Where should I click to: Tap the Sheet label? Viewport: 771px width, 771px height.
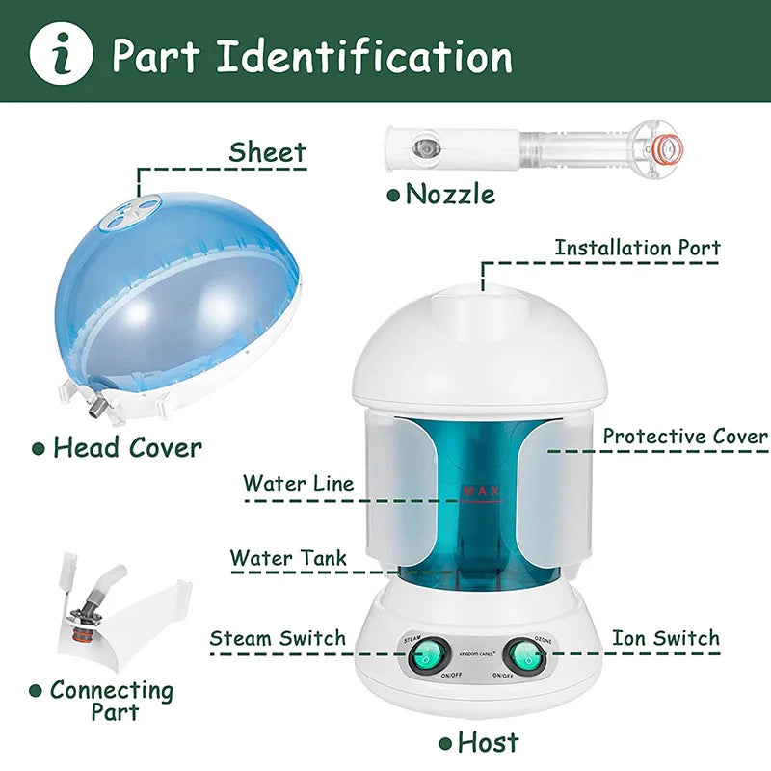tap(267, 152)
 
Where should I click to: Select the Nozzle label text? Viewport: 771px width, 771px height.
tap(450, 194)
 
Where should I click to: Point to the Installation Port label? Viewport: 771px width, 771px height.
tap(637, 248)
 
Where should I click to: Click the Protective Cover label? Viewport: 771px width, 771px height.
tap(685, 437)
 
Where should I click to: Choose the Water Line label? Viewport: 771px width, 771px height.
tap(299, 483)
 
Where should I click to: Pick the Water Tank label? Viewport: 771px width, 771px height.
tap(289, 558)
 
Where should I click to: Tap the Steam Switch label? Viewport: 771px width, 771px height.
tap(278, 638)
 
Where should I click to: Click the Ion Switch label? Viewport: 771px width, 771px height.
tap(665, 638)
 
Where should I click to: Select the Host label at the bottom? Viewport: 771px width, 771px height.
tap(488, 742)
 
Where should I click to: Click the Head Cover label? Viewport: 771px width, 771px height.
tap(127, 447)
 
